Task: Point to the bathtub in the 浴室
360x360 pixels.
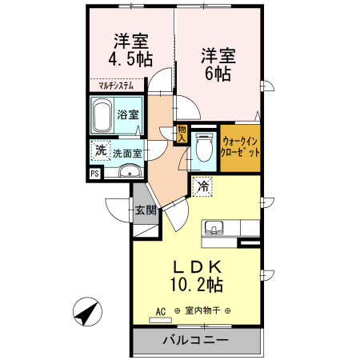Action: coord(102,117)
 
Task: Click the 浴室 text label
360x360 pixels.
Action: coord(127,114)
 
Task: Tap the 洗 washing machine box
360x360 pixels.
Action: coord(100,150)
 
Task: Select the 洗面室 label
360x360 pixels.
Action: coord(126,152)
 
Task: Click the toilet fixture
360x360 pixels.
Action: coord(203,146)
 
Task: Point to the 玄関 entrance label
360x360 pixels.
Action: coord(145,211)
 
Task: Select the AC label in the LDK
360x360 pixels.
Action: coord(160,311)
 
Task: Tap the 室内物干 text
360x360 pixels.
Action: coord(203,311)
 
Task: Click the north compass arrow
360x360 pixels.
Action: coord(87,311)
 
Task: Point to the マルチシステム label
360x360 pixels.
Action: coord(116,83)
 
